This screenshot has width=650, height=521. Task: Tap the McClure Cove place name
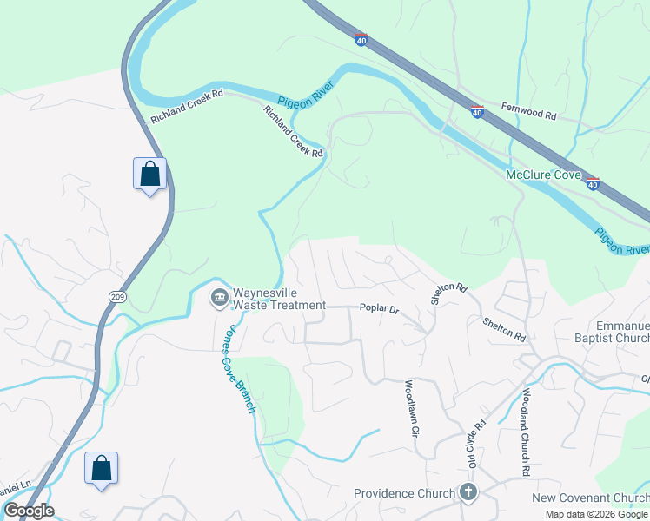tap(543, 175)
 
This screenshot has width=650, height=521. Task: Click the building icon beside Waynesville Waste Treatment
tap(218, 298)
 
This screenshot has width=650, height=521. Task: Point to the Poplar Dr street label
tap(379, 309)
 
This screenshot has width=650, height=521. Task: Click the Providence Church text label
tap(404, 493)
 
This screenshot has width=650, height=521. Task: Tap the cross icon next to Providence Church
tap(468, 493)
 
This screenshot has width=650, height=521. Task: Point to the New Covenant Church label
tap(590, 497)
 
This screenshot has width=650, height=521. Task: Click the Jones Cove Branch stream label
tap(239, 369)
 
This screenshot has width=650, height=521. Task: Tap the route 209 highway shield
tap(116, 296)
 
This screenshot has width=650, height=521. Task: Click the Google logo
tap(28, 511)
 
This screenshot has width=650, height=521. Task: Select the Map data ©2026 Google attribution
tap(596, 514)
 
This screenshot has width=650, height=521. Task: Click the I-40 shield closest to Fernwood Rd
tap(477, 112)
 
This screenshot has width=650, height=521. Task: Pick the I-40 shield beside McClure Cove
tap(593, 184)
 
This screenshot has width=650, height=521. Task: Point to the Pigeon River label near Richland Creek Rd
tap(300, 101)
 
